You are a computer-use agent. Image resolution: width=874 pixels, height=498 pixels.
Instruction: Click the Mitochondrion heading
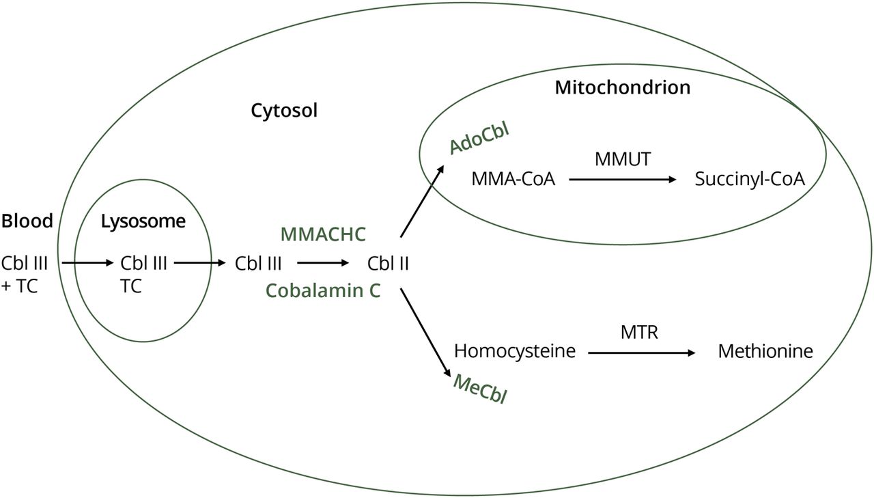point(622,87)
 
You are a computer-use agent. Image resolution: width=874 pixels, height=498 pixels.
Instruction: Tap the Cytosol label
point(284,110)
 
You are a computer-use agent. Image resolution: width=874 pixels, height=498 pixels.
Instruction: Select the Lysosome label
point(143,221)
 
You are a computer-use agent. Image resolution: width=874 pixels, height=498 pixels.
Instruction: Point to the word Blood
point(27,221)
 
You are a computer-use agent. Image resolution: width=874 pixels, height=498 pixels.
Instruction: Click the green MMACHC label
point(324,234)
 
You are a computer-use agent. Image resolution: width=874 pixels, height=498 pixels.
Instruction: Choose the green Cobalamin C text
point(323,290)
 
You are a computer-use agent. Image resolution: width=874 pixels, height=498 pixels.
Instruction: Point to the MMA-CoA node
point(513,180)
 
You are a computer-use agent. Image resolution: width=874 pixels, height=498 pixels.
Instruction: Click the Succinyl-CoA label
point(750,180)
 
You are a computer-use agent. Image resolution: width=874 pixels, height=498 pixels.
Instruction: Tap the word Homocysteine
point(515,352)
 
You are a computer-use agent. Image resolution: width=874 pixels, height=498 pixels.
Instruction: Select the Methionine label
point(765,352)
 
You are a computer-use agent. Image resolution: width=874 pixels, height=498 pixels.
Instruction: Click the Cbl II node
point(388,263)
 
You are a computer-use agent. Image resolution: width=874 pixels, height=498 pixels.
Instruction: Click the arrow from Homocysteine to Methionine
point(642,352)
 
